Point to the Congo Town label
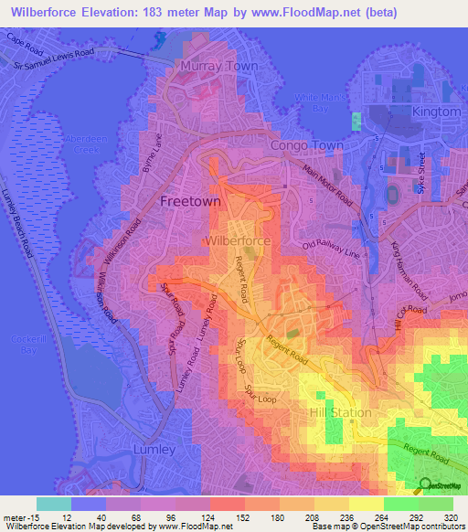(307, 145)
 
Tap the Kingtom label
(436, 111)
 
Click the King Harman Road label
(409, 271)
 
